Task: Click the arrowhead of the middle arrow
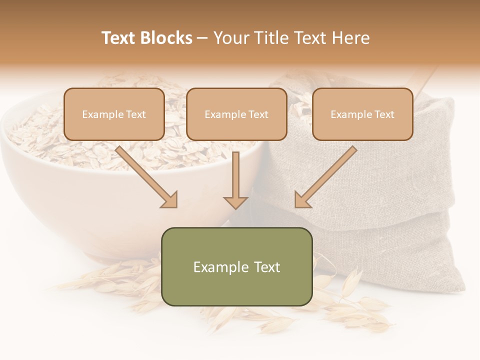coord(235,202)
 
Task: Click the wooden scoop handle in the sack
coord(425,80)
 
